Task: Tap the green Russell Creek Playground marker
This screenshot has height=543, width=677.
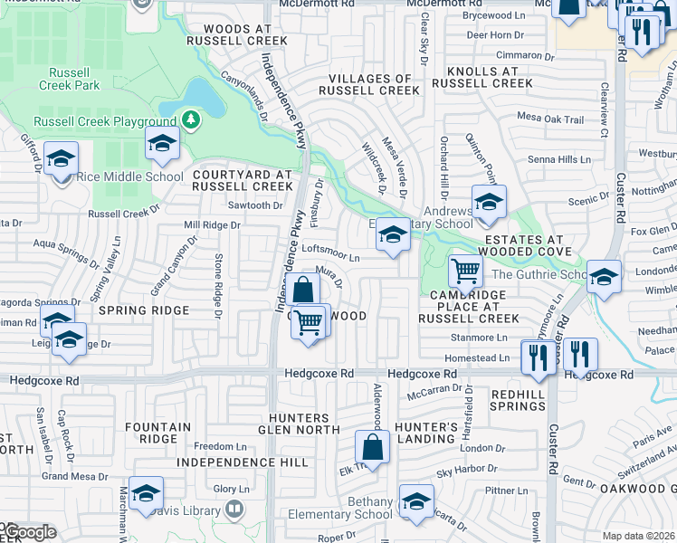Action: pos(190,119)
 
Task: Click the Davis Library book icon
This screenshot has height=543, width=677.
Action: pos(234,510)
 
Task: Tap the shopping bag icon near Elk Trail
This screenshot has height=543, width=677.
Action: pos(372,447)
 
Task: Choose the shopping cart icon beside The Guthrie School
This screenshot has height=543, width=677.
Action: pos(465,270)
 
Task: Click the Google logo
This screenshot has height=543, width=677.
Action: pos(28,532)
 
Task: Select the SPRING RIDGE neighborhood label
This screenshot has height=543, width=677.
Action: pos(144,310)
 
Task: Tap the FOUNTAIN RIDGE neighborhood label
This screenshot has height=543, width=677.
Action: pos(157,433)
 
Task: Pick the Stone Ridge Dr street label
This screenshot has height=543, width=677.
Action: pos(217,286)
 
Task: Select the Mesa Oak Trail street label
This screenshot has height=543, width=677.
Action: pos(550,119)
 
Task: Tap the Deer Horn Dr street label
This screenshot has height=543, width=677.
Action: pos(495,35)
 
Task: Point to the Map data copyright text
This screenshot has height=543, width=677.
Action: pos(639,536)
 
